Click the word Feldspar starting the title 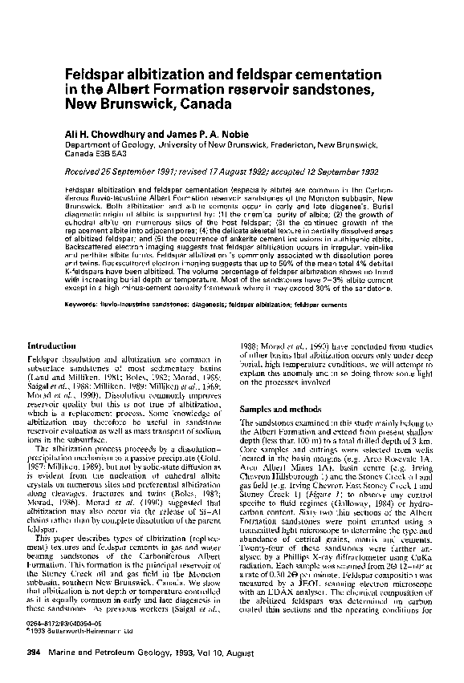91,73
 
